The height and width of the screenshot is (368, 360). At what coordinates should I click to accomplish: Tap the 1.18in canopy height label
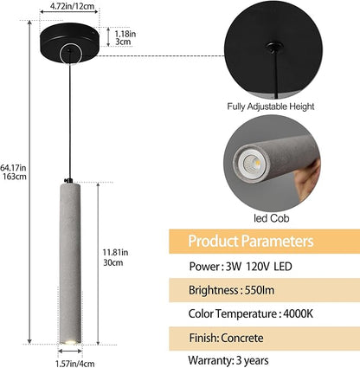click(x=125, y=34)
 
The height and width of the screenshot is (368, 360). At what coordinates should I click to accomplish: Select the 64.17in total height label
click(x=13, y=167)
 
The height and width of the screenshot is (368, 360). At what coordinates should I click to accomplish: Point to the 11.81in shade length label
click(x=115, y=253)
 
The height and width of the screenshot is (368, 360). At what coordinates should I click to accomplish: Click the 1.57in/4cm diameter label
click(x=74, y=364)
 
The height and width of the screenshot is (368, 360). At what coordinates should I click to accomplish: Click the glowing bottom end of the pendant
click(x=70, y=342)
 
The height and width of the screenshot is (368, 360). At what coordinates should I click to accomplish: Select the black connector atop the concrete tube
click(x=69, y=180)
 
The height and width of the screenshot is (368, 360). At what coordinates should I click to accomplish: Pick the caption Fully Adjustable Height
click(x=271, y=107)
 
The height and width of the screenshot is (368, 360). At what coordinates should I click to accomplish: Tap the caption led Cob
click(x=271, y=218)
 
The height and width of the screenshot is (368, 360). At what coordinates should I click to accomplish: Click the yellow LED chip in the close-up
click(x=258, y=164)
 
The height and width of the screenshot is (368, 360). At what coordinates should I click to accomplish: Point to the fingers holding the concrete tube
click(x=309, y=179)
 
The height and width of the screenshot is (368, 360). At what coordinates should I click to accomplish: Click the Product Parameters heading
click(x=251, y=241)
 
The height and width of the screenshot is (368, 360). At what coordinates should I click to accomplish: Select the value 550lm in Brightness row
click(x=260, y=290)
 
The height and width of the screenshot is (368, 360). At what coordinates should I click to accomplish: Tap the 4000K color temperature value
click(x=298, y=313)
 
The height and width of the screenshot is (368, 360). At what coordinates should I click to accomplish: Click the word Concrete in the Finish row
click(x=242, y=338)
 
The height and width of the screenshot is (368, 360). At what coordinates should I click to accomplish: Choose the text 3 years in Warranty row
click(x=252, y=360)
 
